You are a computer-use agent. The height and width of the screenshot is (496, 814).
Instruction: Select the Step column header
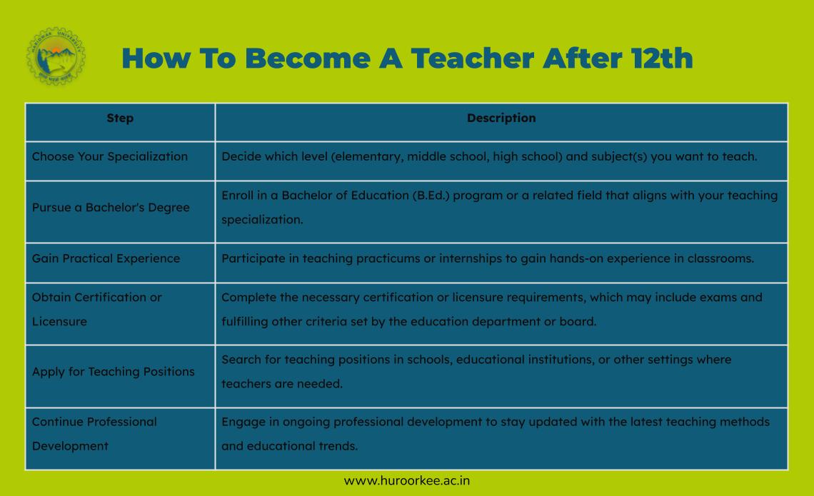pyautogui.click(x=120, y=118)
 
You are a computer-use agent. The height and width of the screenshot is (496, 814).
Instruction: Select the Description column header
pyautogui.click(x=501, y=118)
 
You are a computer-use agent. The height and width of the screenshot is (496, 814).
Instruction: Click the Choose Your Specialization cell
pyautogui.click(x=110, y=157)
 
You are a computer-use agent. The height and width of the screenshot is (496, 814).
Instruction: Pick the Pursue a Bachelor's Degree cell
pyautogui.click(x=111, y=208)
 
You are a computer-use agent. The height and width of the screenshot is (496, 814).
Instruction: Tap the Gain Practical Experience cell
pyautogui.click(x=106, y=258)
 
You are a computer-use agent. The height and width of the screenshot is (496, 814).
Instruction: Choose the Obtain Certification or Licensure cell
pyautogui.click(x=97, y=309)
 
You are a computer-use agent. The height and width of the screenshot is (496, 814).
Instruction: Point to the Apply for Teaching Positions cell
pyautogui.click(x=113, y=372)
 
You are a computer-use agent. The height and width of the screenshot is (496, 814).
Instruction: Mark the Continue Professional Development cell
pyautogui.click(x=94, y=434)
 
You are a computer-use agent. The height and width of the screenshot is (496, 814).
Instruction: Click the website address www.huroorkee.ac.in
pyautogui.click(x=407, y=481)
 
